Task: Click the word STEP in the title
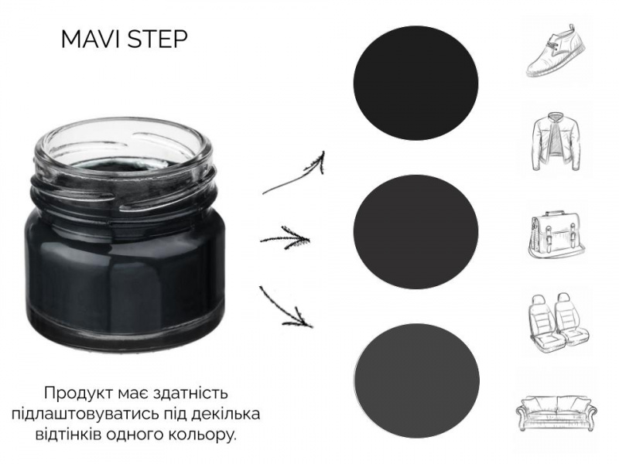point(158,39)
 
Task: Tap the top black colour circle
point(416,83)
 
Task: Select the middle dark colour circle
point(416,231)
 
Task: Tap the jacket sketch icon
point(556,142)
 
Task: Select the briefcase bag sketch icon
point(556,234)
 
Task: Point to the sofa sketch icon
point(556,412)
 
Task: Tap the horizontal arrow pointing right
point(285,238)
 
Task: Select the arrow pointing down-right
point(285,308)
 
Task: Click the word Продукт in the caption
point(80,394)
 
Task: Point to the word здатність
point(190,394)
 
